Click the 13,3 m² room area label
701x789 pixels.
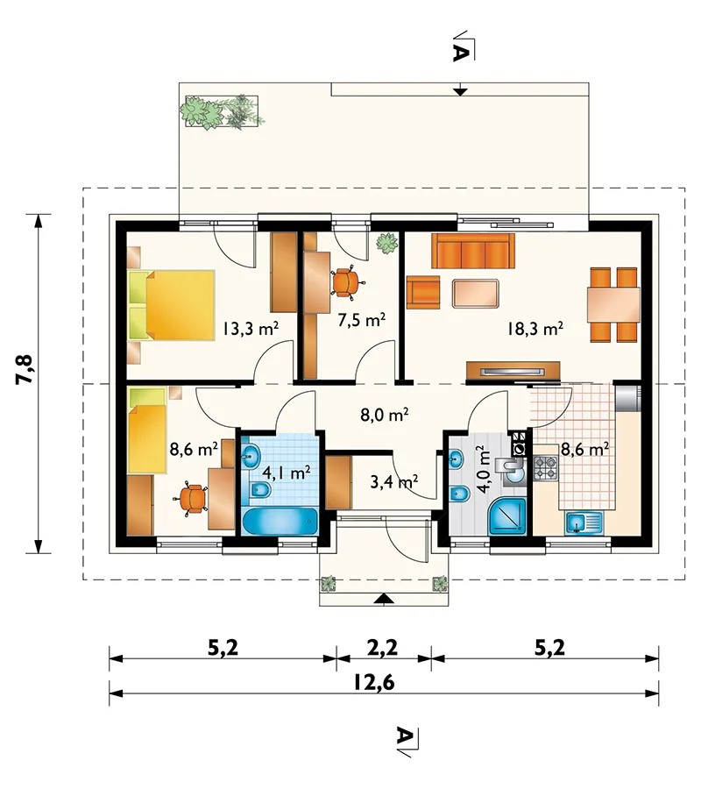click(x=251, y=329)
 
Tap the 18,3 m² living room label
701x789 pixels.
click(x=535, y=329)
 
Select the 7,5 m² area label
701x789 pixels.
click(x=362, y=320)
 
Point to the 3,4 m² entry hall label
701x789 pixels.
click(x=394, y=482)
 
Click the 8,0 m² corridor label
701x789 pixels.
click(x=385, y=416)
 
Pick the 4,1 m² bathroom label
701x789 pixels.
click(x=287, y=473)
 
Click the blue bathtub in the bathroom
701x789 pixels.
click(x=280, y=522)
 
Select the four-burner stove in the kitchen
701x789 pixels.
click(x=546, y=467)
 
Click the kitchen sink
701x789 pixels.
click(x=584, y=522)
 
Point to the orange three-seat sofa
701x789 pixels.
click(x=472, y=251)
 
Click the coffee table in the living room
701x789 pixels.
click(x=476, y=294)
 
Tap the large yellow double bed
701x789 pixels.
click(x=172, y=305)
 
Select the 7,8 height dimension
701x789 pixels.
click(x=25, y=369)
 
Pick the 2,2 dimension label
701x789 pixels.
click(x=383, y=648)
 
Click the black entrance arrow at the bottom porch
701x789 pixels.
click(x=384, y=598)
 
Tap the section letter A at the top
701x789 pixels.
click(x=460, y=53)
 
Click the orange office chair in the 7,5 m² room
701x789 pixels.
click(x=345, y=281)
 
